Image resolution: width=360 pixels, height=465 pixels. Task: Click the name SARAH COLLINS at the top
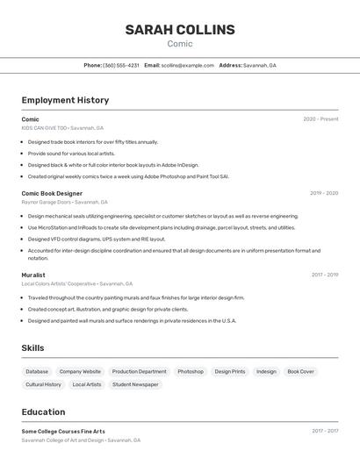pyautogui.click(x=180, y=30)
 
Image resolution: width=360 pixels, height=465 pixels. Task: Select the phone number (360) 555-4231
pyautogui.click(x=121, y=65)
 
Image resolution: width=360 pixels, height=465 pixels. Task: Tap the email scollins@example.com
pyautogui.click(x=187, y=65)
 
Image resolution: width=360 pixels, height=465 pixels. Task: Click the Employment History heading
pyautogui.click(x=65, y=100)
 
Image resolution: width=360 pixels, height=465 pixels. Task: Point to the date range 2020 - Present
pyautogui.click(x=320, y=119)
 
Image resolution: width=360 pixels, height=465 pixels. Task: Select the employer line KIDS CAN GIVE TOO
pyautogui.click(x=62, y=128)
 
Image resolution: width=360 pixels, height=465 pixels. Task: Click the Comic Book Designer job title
pyautogui.click(x=52, y=193)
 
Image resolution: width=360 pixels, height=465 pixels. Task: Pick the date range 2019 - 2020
pyautogui.click(x=324, y=193)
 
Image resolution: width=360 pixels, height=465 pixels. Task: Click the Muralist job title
pyautogui.click(x=33, y=275)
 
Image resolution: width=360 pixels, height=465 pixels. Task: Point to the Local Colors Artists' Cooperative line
pyautogui.click(x=77, y=283)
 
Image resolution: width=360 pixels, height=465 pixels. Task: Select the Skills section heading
pyautogui.click(x=32, y=348)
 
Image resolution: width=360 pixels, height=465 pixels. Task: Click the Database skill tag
pyautogui.click(x=37, y=371)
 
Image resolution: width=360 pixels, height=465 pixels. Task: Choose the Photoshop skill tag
pyautogui.click(x=191, y=371)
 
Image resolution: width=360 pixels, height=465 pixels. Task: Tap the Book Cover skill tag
pyautogui.click(x=300, y=371)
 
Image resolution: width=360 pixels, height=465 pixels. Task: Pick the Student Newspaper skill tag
pyautogui.click(x=135, y=384)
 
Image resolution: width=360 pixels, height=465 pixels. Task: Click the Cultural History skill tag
pyautogui.click(x=43, y=384)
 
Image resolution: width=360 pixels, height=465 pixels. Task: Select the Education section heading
pyautogui.click(x=43, y=411)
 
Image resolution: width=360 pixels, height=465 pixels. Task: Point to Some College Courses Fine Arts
pyautogui.click(x=63, y=432)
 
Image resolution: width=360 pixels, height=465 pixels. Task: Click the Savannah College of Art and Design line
pyautogui.click(x=81, y=440)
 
